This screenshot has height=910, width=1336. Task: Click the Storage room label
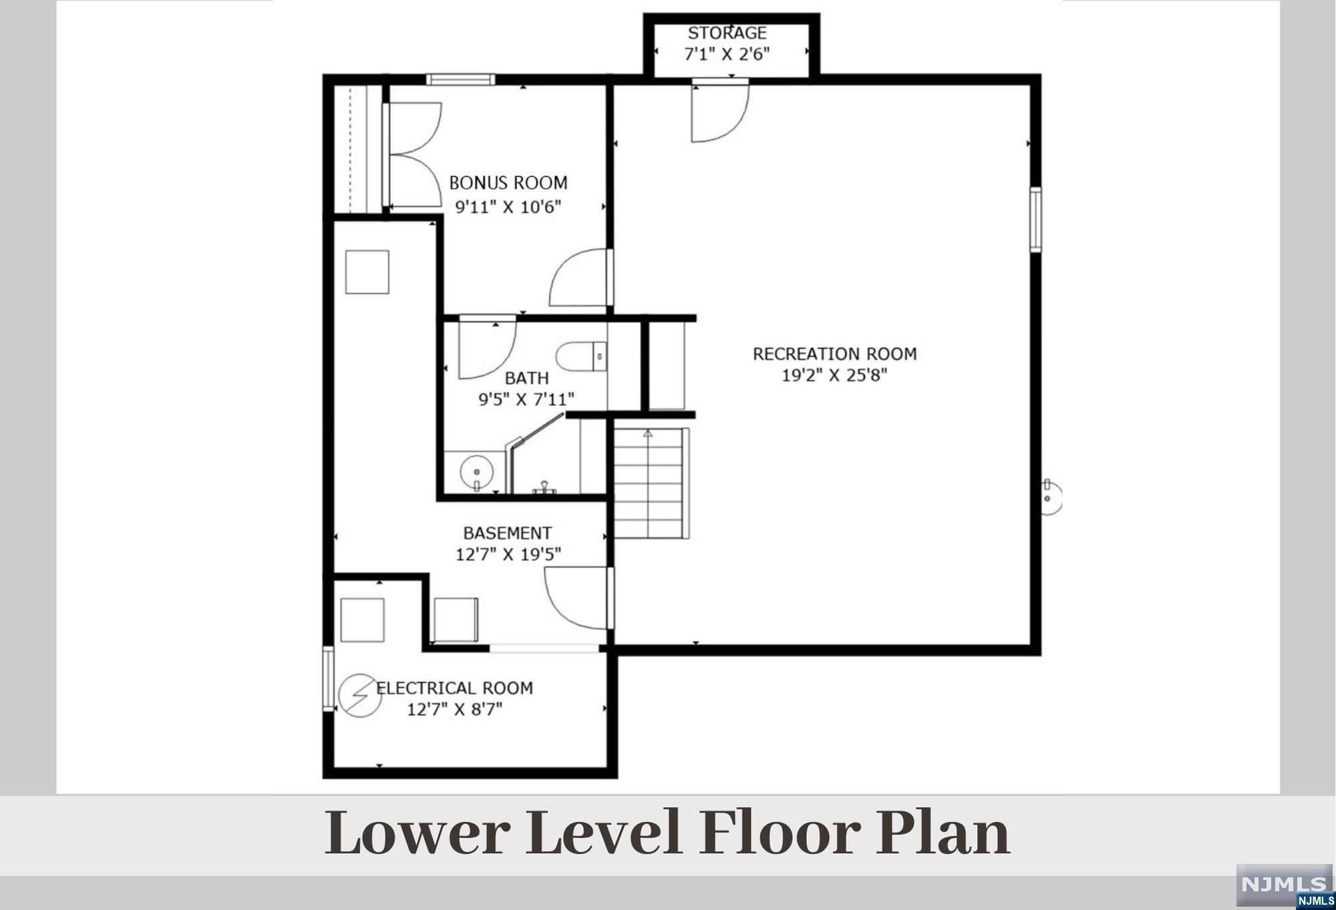click(x=727, y=33)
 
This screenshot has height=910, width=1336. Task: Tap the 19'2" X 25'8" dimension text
click(x=834, y=375)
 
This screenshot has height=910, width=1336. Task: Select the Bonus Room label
click(x=508, y=183)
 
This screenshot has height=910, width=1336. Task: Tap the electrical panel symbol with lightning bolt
click(x=360, y=696)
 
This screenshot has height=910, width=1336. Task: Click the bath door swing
click(x=488, y=348)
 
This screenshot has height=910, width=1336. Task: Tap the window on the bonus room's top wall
click(x=461, y=79)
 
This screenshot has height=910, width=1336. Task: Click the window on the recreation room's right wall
click(x=1035, y=220)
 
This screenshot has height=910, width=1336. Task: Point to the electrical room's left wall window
click(x=328, y=679)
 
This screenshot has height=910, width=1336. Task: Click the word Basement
click(x=508, y=533)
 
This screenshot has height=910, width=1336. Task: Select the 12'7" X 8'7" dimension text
click(x=454, y=709)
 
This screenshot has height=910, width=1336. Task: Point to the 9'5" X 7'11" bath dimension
click(x=526, y=399)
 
